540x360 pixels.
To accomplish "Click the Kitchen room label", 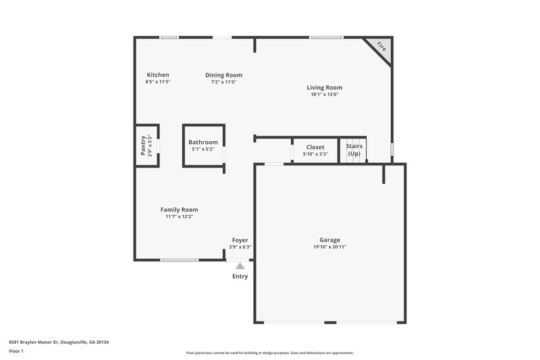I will coord(158,75).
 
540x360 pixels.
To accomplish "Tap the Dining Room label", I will coord(223,75).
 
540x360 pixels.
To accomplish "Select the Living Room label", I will coord(324,87).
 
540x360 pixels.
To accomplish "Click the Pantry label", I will coord(143,145).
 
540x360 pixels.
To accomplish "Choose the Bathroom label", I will coord(203,142).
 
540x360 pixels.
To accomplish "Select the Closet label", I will coord(315,147).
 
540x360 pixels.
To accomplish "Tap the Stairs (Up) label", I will coord(354,150).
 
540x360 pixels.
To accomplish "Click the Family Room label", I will coord(179,209).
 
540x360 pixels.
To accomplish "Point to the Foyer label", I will coord(240,240).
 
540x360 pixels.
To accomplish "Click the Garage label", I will coord(329,240).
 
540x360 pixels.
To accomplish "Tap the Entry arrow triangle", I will coord(240,266).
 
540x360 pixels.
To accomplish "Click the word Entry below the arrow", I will coord(240,276).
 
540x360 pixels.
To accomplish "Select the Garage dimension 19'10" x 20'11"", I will coord(329,247).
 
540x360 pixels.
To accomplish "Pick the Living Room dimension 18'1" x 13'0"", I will coord(324,95).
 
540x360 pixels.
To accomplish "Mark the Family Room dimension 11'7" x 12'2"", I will coord(179,217).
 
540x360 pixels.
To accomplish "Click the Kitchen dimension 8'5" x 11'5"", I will coord(158,82).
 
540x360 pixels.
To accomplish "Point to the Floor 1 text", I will coord(16,352).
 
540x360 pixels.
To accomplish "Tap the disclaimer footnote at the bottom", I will coord(269,353).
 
